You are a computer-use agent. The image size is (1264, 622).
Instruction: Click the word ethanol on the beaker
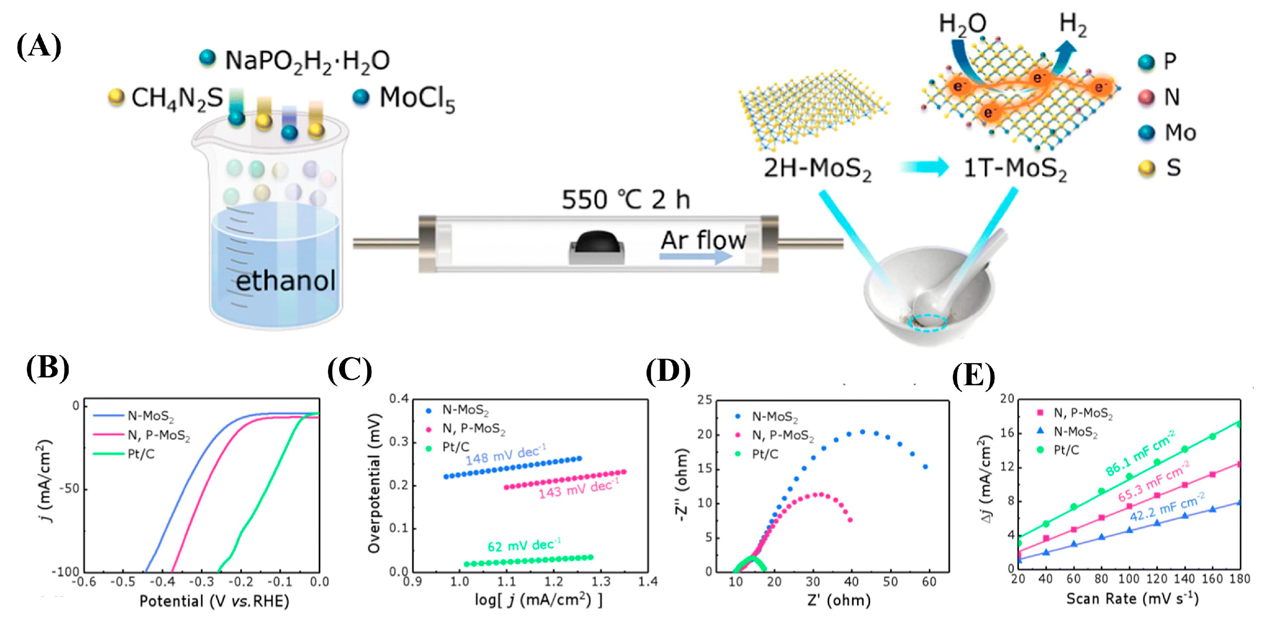click(x=286, y=281)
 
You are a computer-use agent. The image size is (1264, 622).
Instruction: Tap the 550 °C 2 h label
click(x=625, y=200)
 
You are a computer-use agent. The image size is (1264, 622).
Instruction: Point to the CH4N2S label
click(x=177, y=99)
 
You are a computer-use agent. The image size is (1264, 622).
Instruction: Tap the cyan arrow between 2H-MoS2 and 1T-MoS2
click(x=925, y=167)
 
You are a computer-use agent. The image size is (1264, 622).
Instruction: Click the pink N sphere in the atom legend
click(x=1146, y=97)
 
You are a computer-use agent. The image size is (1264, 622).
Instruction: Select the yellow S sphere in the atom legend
click(x=1146, y=168)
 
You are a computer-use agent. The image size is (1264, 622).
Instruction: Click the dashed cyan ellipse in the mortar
click(x=927, y=323)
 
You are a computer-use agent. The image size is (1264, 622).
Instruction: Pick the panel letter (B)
click(x=48, y=368)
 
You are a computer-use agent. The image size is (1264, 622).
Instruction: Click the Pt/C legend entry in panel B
click(x=141, y=454)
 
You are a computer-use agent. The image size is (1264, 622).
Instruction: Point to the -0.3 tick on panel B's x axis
click(x=201, y=582)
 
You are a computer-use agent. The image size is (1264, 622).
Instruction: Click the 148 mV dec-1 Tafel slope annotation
click(x=505, y=455)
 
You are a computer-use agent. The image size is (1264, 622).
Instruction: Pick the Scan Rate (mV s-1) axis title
click(x=1132, y=599)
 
